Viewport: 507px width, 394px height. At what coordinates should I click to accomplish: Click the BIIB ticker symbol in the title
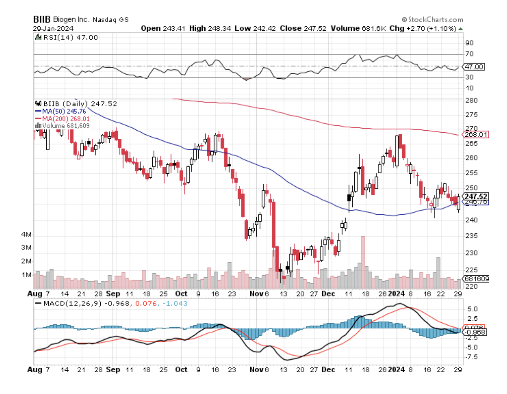[42, 19]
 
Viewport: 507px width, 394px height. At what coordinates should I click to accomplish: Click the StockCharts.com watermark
[432, 19]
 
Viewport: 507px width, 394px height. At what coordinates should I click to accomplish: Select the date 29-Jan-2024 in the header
[53, 28]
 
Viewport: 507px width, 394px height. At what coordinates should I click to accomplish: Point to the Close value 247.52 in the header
[315, 28]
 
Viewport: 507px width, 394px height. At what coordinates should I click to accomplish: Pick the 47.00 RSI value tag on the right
[474, 67]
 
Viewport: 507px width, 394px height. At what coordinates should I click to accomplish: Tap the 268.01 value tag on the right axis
[475, 135]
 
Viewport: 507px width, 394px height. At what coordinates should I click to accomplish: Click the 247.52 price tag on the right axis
[475, 197]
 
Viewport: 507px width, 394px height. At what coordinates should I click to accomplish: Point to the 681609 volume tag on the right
[475, 279]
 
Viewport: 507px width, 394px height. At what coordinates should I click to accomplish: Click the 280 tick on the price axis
[471, 100]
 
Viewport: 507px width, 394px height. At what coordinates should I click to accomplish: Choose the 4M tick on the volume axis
[27, 235]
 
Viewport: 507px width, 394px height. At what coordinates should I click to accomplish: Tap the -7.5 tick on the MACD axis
[472, 357]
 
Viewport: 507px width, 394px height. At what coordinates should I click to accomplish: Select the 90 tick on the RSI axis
[469, 43]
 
